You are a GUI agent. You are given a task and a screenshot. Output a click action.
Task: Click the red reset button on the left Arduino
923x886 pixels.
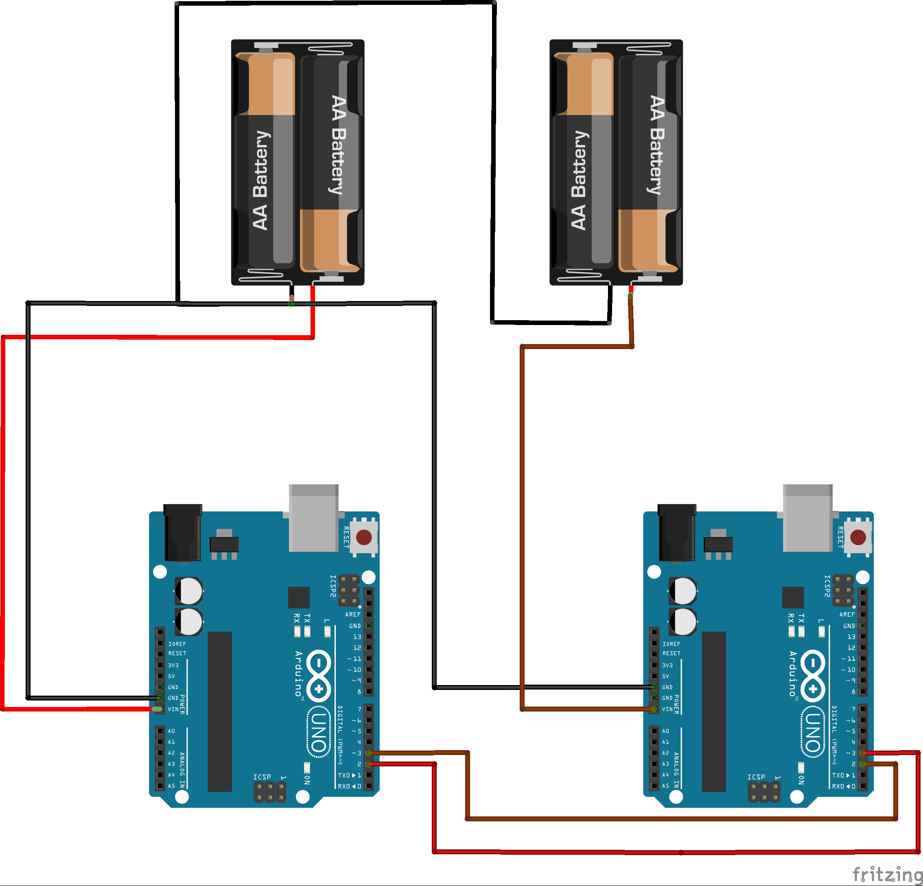[x=364, y=537]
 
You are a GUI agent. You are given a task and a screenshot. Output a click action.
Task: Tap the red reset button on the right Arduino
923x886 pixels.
[x=858, y=537]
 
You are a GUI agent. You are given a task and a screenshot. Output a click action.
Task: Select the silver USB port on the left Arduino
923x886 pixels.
[x=314, y=518]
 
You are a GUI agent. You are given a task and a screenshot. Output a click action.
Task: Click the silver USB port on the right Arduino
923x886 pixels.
[x=807, y=518]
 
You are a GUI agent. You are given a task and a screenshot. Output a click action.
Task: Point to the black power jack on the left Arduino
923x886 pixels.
[x=183, y=532]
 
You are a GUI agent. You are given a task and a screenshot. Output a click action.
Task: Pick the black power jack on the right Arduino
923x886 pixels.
[x=677, y=532]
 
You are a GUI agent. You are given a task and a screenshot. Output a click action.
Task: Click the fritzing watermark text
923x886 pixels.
[x=887, y=874]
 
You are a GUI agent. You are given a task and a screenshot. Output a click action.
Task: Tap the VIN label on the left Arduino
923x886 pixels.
[x=173, y=709]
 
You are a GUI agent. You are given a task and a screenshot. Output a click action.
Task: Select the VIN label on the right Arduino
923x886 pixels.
[x=667, y=709]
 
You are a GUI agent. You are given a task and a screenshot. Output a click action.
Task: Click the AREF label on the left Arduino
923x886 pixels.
[x=353, y=614]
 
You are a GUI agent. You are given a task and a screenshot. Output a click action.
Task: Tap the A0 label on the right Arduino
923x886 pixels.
[x=665, y=731]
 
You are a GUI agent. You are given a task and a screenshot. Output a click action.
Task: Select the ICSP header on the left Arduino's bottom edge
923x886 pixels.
[x=270, y=792]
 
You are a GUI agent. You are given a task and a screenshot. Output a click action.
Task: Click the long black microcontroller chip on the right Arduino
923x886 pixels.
[x=713, y=711]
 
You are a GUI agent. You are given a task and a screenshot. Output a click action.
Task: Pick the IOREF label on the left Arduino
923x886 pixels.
[x=177, y=644]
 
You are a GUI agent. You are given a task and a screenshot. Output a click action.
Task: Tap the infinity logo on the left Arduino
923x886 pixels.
[x=319, y=676]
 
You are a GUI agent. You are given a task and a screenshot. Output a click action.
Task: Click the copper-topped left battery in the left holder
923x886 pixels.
[x=265, y=160]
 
